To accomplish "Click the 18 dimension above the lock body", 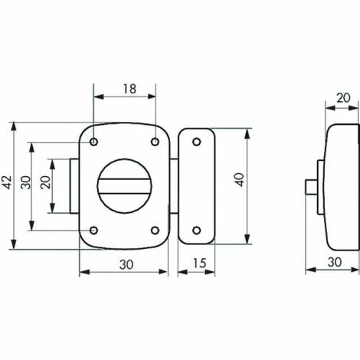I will (x=128, y=89).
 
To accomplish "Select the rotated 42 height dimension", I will (x=8, y=183).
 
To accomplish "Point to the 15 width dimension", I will (x=198, y=264).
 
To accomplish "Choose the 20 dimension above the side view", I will (x=343, y=98).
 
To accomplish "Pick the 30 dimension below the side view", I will (x=333, y=262).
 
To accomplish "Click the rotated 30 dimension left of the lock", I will (x=26, y=183).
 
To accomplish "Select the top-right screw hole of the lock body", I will (x=155, y=141).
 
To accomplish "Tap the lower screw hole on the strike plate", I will (x=197, y=228).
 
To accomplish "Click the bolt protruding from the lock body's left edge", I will (x=75, y=185).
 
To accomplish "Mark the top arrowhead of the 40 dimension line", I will (x=247, y=131).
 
